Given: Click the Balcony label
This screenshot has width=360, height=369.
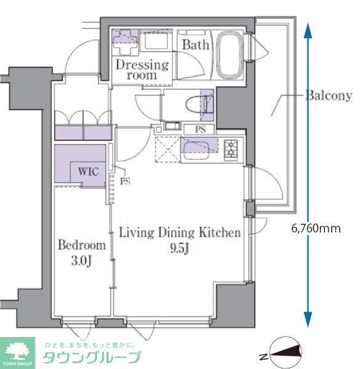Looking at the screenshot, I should pyautogui.click(x=329, y=95).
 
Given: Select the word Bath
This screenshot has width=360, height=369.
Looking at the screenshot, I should pyautogui.click(x=196, y=45).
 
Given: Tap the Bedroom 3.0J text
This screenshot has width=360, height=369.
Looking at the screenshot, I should pyautogui.click(x=82, y=252).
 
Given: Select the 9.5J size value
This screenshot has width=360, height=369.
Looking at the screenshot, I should pyautogui.click(x=179, y=250).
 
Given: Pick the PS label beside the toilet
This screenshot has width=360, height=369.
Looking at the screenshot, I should pyautogui.click(x=200, y=129).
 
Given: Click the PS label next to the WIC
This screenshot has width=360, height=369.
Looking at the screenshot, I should pyautogui.click(x=125, y=181).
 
